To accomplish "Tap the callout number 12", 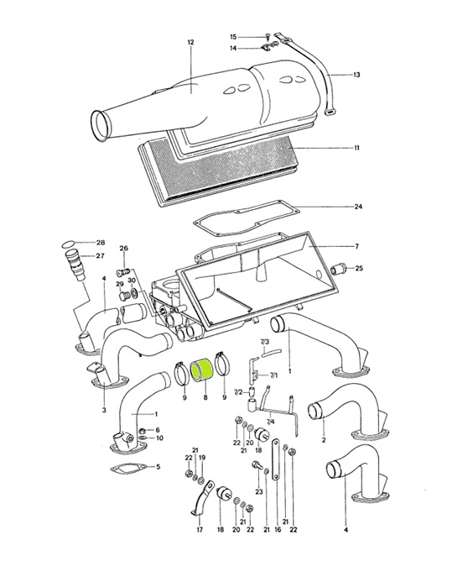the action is tap(190, 42).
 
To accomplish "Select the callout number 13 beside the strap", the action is tap(356, 75).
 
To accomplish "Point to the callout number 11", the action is tap(356, 148).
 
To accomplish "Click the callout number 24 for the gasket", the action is tap(358, 207).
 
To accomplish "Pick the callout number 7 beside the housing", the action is tap(357, 246).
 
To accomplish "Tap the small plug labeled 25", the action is tap(338, 270).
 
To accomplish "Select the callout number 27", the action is tap(101, 256).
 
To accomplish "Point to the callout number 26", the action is tap(124, 249).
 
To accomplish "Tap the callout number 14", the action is tap(234, 48).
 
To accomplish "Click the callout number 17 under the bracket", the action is tap(200, 530).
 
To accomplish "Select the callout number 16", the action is tap(278, 530).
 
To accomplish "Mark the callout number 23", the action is tap(259, 491).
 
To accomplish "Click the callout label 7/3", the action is tap(265, 342).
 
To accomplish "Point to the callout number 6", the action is tap(158, 430).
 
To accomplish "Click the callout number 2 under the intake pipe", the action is tap(324, 440).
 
